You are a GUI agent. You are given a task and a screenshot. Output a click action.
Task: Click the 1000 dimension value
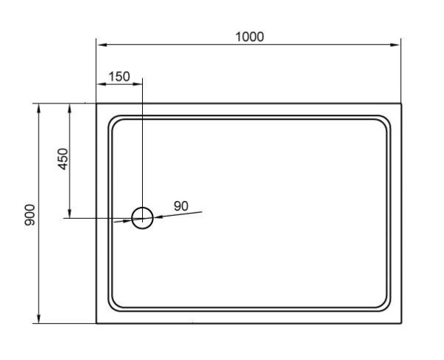coord(249,36)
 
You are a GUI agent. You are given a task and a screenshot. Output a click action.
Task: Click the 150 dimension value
coord(119,76)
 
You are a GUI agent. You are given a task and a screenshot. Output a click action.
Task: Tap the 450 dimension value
coord(63,158)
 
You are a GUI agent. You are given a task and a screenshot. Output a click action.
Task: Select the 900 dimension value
coord(30,214)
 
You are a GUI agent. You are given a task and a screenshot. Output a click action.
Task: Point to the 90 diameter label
coord(181,206)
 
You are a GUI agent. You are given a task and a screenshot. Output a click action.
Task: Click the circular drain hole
coord(142,217)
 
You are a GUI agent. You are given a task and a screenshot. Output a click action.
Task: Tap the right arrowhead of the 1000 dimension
coord(397,44)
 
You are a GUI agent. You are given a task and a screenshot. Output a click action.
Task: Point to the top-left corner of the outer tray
coord(97,104)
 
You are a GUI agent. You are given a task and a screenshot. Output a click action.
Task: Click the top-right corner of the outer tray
coord(401,104)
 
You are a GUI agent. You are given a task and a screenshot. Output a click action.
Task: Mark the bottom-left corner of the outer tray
coord(97,324)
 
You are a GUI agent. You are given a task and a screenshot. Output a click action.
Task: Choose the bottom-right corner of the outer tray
coord(401,324)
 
